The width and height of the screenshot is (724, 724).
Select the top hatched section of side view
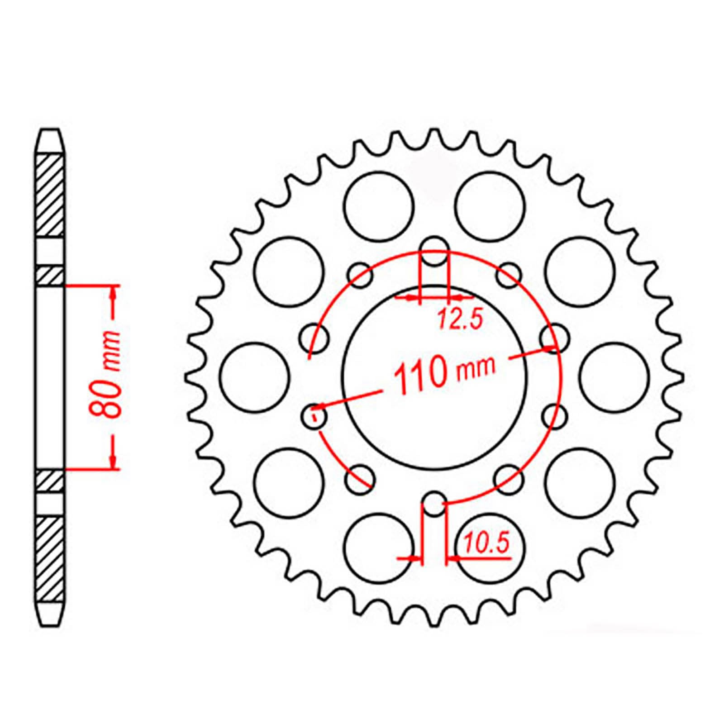49,196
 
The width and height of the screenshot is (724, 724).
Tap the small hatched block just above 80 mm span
49,276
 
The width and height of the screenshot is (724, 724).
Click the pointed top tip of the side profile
50,131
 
